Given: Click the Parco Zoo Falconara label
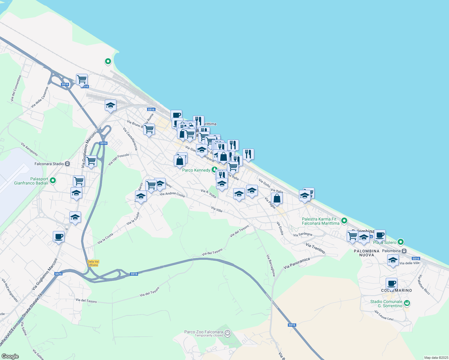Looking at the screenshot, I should pyautogui.click(x=203, y=332).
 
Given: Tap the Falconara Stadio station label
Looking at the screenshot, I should pyautogui.click(x=49, y=164).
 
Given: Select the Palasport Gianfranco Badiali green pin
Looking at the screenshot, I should pyautogui.click(x=53, y=181).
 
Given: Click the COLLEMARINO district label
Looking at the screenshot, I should pyautogui.click(x=396, y=290).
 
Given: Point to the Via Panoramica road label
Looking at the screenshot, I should pyautogui.click(x=297, y=263).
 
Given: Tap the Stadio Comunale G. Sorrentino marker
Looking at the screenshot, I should pyautogui.click(x=407, y=303).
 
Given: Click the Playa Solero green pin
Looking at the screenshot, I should pyautogui.click(x=401, y=242).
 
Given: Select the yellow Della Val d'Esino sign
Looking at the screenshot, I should pyautogui.click(x=93, y=263).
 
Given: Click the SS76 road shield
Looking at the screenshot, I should pyautogui.click(x=58, y=274).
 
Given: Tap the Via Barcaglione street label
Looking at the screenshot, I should pyautogui.click(x=271, y=265).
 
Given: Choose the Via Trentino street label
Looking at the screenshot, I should pyautogui.click(x=315, y=248).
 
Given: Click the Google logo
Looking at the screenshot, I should pyautogui.click(x=10, y=356).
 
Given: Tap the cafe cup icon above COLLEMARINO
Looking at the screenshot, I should pyautogui.click(x=391, y=283).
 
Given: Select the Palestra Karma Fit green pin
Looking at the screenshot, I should pyautogui.click(x=344, y=221).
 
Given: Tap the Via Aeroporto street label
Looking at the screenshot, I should pyautogui.click(x=29, y=149).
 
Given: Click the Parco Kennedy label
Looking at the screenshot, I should pyautogui.click(x=196, y=170).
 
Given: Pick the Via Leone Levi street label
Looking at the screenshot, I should pyautogui.click(x=384, y=316).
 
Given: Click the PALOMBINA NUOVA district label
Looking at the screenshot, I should pyautogui.click(x=366, y=253).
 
